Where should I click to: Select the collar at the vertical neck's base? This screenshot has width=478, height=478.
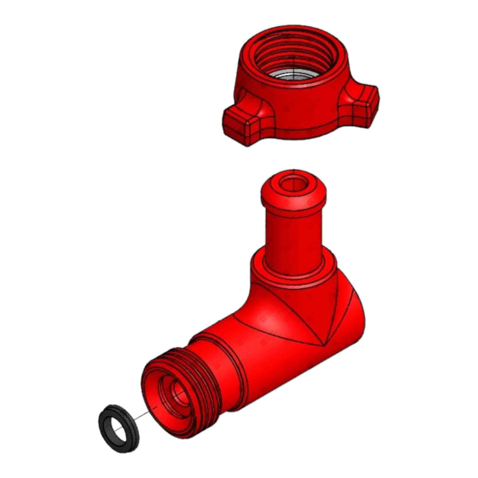click(x=293, y=272)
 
